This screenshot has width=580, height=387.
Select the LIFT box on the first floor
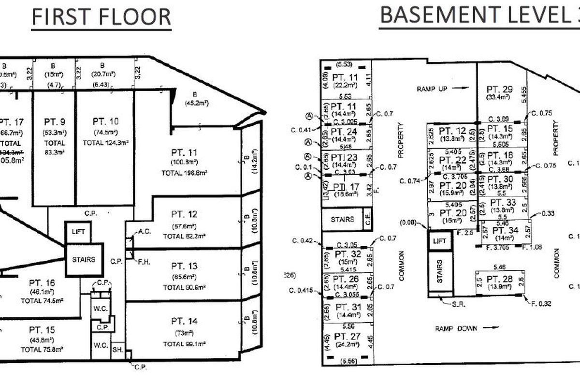[x=78, y=232]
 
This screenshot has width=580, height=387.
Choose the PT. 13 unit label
[x=184, y=266]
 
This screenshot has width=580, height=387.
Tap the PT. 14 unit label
[x=184, y=322]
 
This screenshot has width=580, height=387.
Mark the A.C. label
[x=145, y=232]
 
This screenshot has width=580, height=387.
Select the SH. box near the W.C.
[x=117, y=350]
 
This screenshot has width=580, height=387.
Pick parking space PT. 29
[x=499, y=89]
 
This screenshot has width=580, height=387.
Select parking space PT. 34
[x=506, y=231]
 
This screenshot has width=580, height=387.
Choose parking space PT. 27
[x=347, y=336]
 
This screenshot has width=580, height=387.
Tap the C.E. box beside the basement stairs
[x=368, y=220]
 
